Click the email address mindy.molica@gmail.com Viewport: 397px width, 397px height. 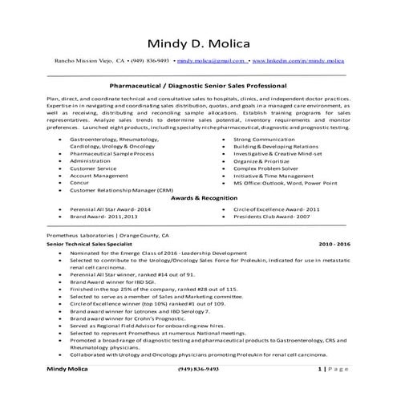coord(211,61)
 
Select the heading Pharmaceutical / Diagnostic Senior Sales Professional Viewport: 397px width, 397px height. coord(197,83)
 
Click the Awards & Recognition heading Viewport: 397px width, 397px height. coord(197,196)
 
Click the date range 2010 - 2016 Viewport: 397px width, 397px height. coord(334,241)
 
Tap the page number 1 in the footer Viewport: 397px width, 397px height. coord(320,390)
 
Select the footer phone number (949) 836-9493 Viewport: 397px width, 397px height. coord(199,390)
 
